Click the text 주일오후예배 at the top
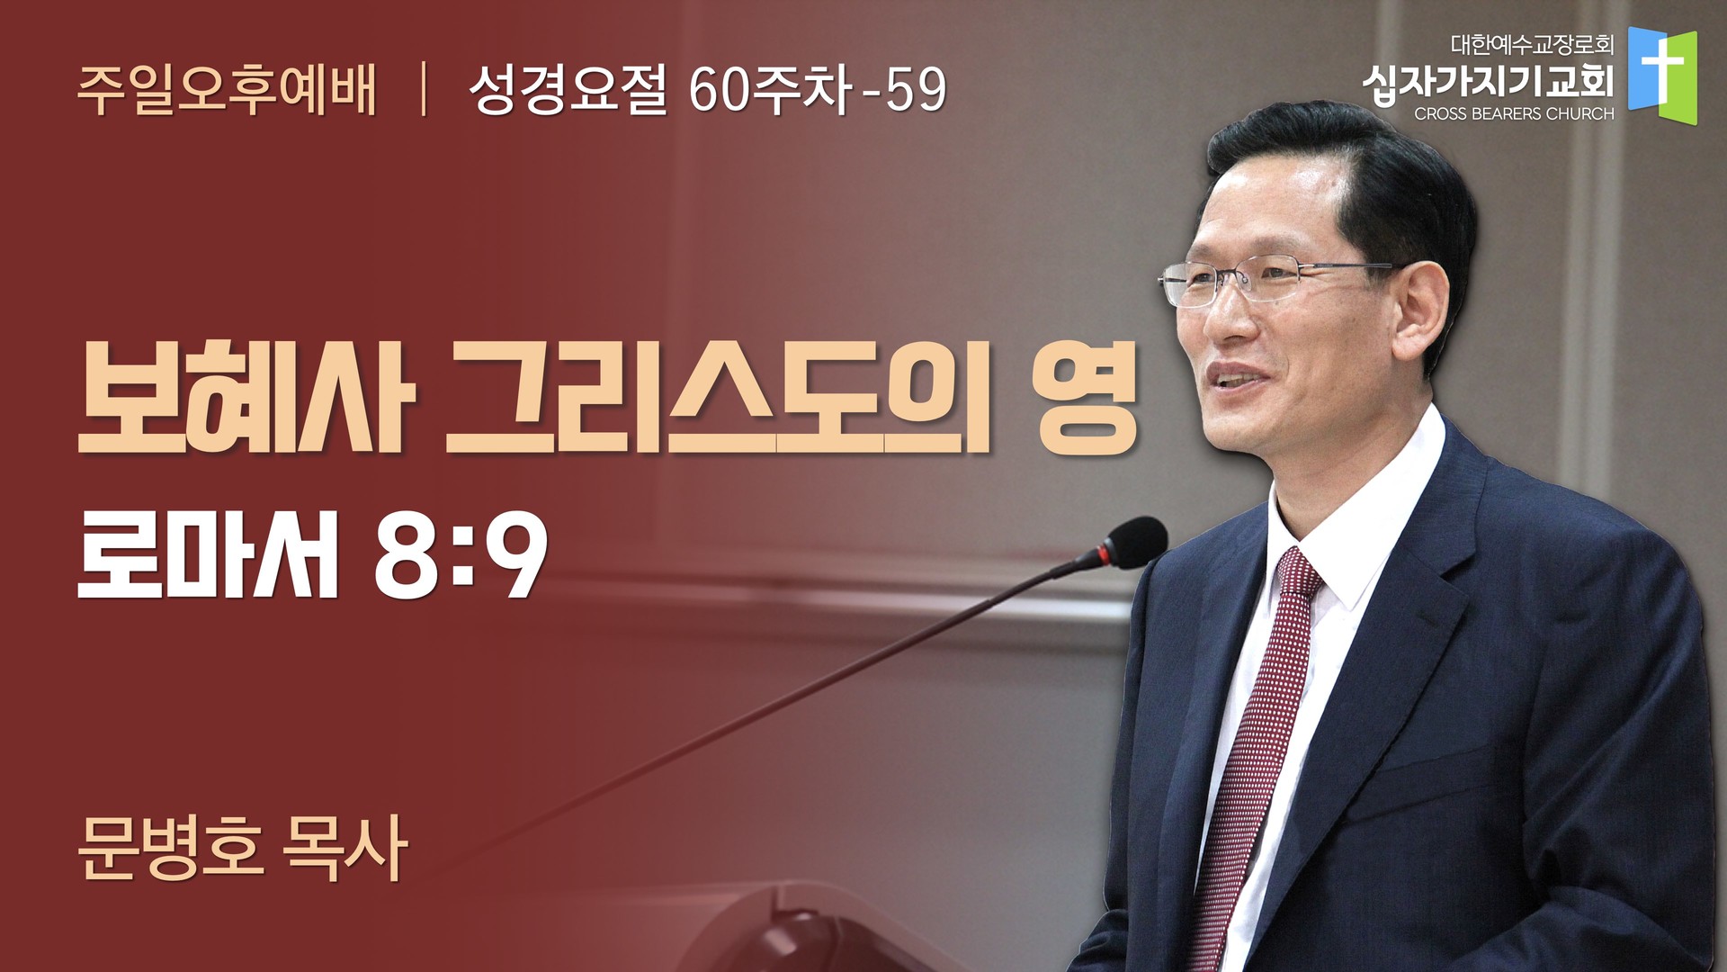[x=227, y=90]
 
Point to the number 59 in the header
[x=916, y=90]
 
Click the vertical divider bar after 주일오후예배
[x=423, y=90]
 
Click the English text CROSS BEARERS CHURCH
[x=1514, y=114]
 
